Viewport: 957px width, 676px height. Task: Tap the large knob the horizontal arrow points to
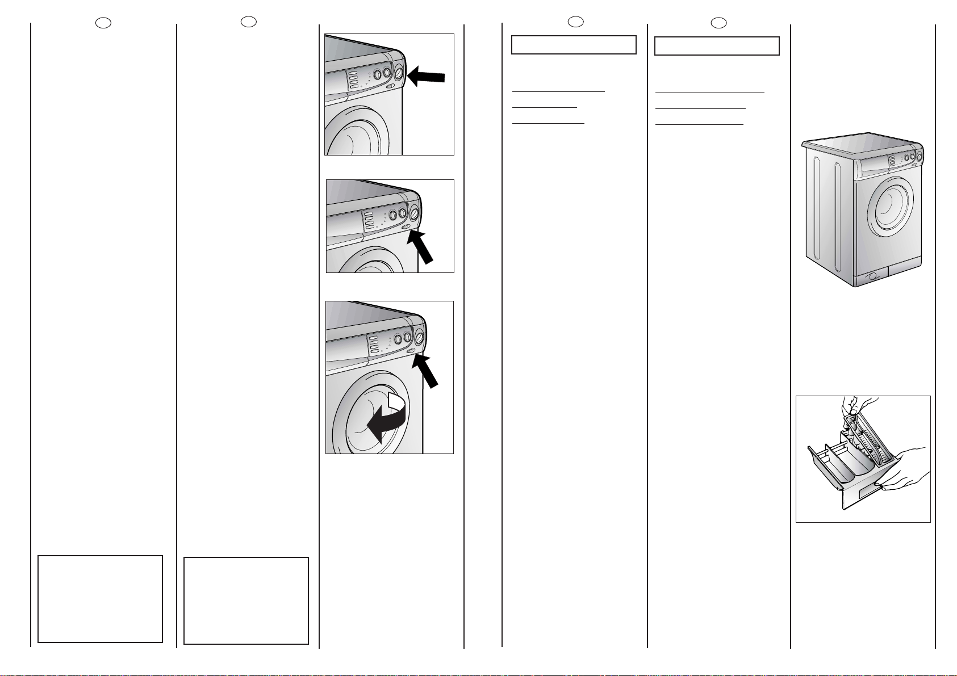[x=398, y=73]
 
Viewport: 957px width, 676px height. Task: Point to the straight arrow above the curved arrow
[x=425, y=369]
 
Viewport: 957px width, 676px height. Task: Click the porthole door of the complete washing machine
[x=893, y=205]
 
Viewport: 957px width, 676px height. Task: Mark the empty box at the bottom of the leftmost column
[x=100, y=599]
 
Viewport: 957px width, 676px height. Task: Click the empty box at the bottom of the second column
[x=246, y=601]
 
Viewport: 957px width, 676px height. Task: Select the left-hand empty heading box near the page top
[x=574, y=45]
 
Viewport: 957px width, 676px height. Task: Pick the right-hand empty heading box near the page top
[x=717, y=46]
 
